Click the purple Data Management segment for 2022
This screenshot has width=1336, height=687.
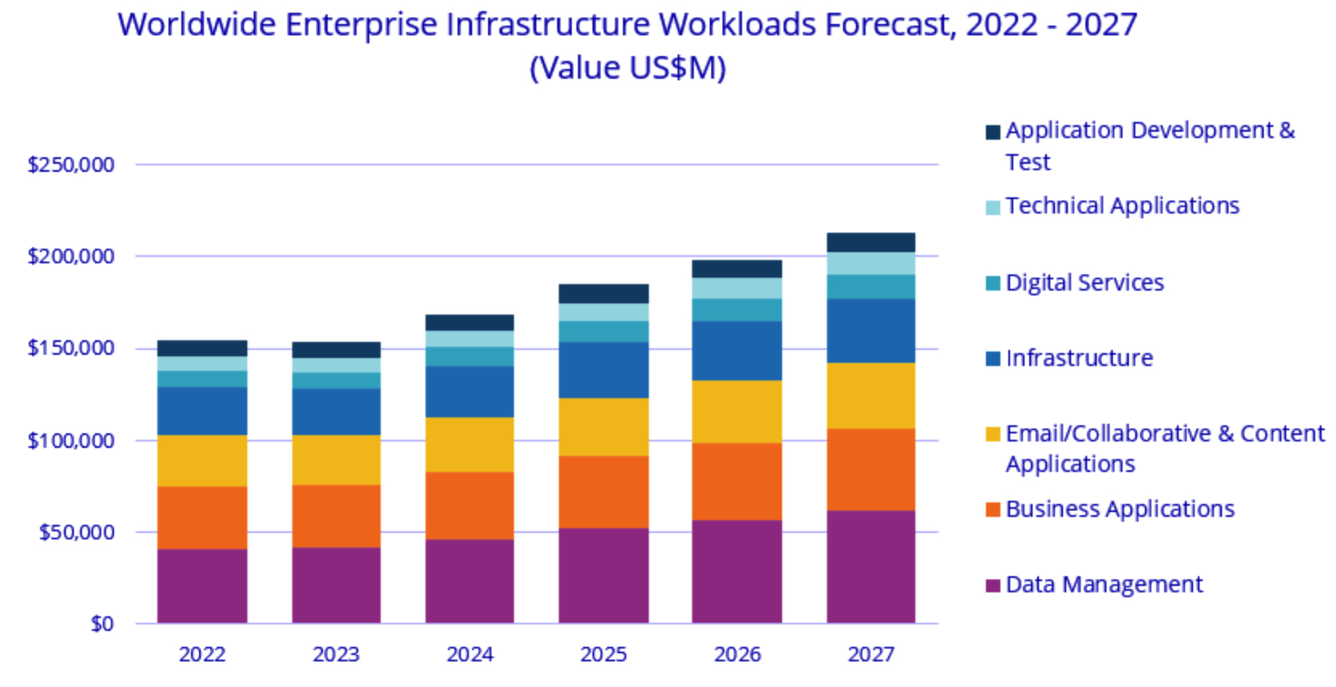tap(202, 586)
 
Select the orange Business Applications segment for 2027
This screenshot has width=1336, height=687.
tap(871, 470)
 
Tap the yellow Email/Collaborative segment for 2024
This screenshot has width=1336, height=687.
tap(470, 445)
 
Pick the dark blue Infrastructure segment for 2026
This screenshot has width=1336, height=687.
tap(737, 351)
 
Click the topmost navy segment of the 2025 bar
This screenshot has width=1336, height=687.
tap(604, 293)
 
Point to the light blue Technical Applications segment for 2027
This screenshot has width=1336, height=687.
tap(871, 263)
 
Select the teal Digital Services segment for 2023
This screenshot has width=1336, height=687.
tap(336, 380)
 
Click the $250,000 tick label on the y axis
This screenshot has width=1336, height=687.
tap(71, 165)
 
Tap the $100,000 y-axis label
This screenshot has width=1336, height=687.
tap(71, 441)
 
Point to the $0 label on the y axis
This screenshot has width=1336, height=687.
tap(102, 624)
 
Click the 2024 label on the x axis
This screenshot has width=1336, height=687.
tap(470, 654)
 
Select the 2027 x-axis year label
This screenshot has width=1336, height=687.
tap(871, 654)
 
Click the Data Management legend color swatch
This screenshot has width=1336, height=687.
tap(993, 585)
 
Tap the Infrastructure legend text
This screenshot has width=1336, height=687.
tap(1079, 358)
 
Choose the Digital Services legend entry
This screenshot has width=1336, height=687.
tap(1084, 283)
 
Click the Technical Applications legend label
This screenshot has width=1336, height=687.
tap(1122, 206)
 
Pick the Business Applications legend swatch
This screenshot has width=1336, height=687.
tap(993, 510)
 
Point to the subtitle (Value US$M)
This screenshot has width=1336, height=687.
tap(628, 68)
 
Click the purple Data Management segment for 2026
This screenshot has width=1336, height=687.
tap(737, 571)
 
